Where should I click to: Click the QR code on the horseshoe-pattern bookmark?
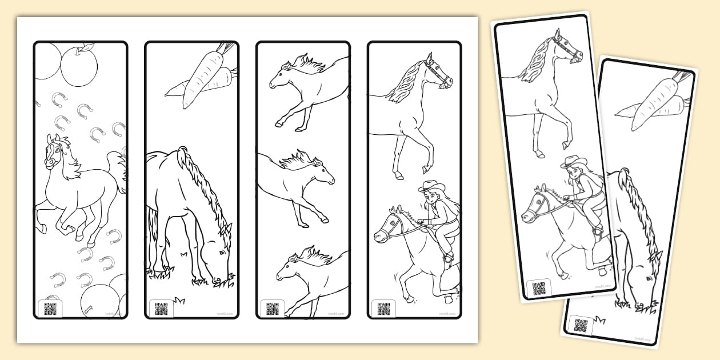click(50, 309)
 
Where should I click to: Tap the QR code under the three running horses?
click(273, 309)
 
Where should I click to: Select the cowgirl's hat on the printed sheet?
click(431, 186)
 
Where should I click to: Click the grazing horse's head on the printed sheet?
click(217, 246)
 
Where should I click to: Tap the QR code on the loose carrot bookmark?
click(581, 326)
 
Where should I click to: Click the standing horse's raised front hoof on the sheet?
click(425, 170)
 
